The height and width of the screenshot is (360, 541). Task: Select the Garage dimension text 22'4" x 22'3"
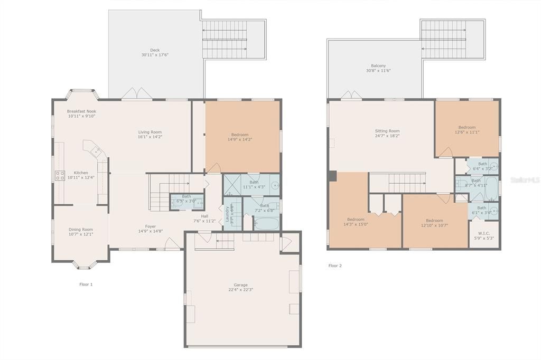tap(237, 290)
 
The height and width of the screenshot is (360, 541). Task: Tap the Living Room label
tap(150, 132)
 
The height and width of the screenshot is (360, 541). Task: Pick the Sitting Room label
tap(387, 131)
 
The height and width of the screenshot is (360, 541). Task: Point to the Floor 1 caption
tap(86, 285)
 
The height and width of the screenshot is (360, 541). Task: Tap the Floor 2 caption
tap(335, 266)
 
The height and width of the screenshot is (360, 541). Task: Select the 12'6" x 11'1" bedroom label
tap(467, 129)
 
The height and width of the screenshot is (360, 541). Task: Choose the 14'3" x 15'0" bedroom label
tap(356, 222)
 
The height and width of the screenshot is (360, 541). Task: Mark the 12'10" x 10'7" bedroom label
tap(434, 223)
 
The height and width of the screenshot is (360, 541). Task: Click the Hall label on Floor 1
tap(204, 219)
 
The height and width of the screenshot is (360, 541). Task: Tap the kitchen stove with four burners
tap(60, 176)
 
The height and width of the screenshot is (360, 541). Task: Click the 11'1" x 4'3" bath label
tap(254, 185)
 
